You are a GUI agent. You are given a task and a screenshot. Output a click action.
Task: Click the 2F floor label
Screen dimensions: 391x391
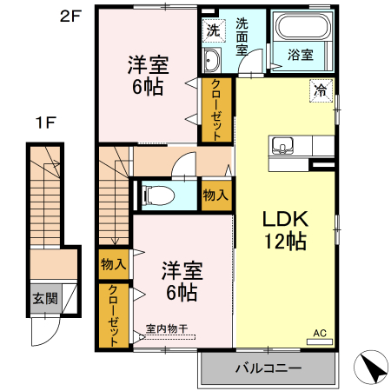click(x=70, y=16)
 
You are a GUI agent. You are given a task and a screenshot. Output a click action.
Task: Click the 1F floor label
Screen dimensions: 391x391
click(x=46, y=123)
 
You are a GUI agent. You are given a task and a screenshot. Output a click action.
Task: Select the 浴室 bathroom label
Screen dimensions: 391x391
click(x=301, y=53)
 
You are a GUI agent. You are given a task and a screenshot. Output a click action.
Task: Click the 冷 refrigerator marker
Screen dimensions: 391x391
click(x=321, y=90)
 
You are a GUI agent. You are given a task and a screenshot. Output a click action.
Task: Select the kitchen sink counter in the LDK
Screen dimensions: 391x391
click(x=283, y=145)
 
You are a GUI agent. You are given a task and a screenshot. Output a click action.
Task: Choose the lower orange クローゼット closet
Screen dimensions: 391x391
click(x=113, y=316)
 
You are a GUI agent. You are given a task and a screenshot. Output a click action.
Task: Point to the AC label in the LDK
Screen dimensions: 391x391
click(x=319, y=331)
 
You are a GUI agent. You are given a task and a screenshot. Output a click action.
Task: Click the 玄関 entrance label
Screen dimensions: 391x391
click(x=45, y=299)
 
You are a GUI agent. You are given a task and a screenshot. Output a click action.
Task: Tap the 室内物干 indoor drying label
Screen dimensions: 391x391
click(x=166, y=328)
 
